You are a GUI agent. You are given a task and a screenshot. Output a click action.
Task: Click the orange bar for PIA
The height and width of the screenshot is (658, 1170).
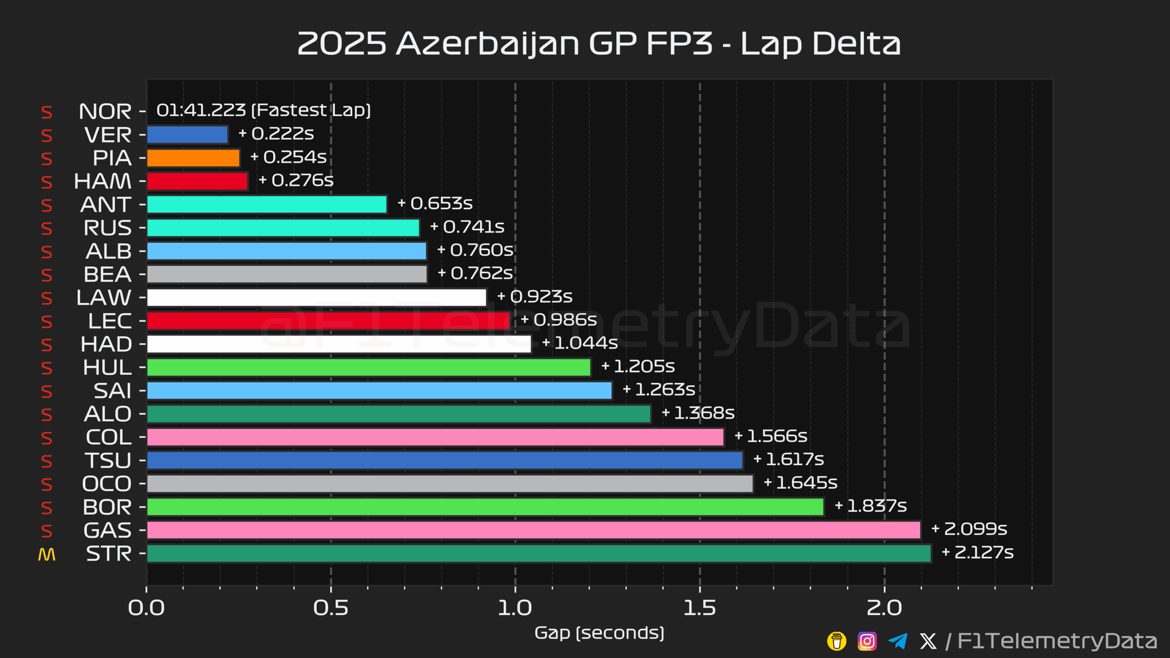193,158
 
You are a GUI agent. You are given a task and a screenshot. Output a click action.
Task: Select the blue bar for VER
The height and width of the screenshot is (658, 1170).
187,135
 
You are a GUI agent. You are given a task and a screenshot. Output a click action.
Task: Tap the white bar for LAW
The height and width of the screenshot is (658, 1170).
316,297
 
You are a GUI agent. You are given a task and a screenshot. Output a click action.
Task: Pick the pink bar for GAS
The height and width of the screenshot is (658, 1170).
533,530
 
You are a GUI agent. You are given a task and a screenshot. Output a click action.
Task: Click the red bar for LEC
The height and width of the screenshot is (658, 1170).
328,321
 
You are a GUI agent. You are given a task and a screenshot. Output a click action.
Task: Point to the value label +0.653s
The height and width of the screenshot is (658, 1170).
435,203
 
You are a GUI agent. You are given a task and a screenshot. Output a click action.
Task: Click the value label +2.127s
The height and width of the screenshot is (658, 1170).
978,552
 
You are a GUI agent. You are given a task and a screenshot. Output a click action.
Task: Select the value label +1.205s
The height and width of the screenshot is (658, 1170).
638,366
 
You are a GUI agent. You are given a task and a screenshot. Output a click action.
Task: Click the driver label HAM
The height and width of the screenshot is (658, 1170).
103,181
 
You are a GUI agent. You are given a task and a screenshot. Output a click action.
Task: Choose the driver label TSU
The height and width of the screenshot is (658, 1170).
108,461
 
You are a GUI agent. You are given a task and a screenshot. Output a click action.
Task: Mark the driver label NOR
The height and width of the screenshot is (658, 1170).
105,111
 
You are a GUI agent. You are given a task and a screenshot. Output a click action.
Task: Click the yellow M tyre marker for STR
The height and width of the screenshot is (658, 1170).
47,554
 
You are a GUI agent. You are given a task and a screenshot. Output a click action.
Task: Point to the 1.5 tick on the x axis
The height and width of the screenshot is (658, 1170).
700,608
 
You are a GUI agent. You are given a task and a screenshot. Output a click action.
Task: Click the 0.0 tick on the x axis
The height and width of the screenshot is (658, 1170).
146,608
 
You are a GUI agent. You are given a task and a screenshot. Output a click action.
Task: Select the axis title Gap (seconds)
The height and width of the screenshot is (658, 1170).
599,633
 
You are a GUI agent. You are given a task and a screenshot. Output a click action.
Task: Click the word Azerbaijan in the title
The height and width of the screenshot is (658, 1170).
488,44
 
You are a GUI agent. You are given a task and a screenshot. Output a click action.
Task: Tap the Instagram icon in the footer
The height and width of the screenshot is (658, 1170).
867,641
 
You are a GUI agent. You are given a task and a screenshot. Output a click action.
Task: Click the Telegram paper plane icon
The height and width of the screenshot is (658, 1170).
898,641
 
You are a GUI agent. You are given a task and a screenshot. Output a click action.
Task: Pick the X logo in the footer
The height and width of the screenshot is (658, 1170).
928,641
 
